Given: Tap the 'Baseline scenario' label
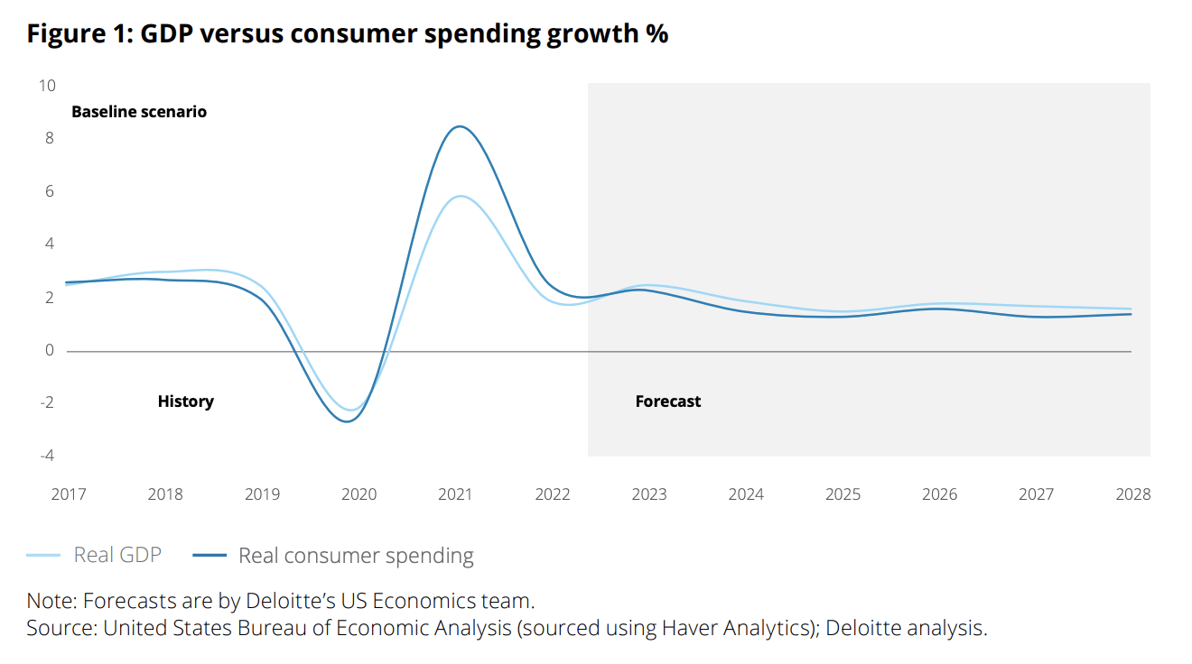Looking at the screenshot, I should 139,112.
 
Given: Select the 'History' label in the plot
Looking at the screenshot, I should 185,401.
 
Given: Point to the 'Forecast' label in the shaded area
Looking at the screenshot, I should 667,401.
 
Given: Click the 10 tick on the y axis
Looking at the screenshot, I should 46,86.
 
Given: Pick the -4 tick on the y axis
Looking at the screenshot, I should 46,456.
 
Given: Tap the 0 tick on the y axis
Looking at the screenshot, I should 50,350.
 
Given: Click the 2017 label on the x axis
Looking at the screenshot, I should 69,494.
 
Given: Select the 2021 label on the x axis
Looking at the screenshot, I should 455,494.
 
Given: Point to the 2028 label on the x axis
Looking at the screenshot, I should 1132,494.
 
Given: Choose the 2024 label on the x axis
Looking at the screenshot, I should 746,494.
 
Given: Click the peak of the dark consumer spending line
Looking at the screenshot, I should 460,126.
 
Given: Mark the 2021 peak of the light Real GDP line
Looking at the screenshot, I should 461,196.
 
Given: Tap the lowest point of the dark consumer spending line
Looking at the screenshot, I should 347,421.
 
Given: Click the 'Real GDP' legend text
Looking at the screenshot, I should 117,555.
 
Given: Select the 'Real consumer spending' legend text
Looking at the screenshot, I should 356,556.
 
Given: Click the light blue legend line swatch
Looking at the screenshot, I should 43,556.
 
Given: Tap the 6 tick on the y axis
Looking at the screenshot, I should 50,191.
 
